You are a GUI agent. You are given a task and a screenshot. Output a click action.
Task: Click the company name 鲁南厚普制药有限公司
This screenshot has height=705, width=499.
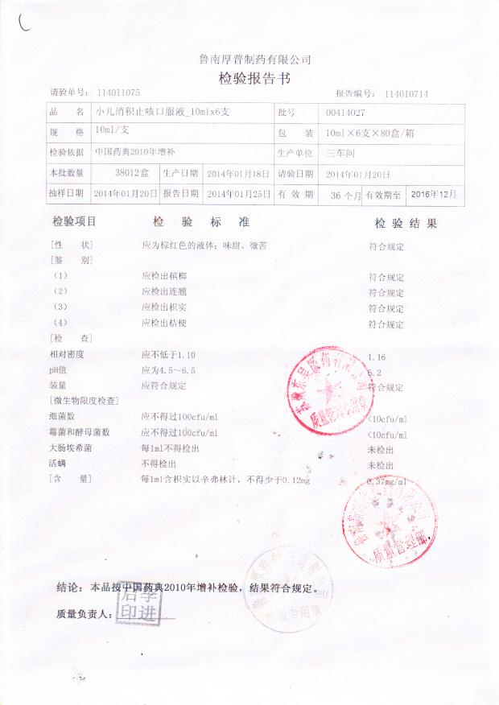254,60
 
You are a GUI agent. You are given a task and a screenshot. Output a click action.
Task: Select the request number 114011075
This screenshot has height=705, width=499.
118,93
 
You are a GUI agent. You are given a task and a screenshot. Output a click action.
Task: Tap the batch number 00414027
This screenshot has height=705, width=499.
346,113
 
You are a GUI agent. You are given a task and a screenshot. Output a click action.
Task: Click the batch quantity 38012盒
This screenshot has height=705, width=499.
132,173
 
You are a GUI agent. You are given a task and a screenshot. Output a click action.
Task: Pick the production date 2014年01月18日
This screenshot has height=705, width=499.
237,173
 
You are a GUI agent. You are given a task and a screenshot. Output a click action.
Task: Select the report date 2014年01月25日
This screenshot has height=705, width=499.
237,194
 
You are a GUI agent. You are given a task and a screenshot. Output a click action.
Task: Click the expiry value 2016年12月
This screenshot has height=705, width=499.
434,194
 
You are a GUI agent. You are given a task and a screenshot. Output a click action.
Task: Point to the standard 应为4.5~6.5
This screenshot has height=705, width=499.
168,370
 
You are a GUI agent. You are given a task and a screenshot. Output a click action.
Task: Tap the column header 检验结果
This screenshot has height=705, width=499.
406,222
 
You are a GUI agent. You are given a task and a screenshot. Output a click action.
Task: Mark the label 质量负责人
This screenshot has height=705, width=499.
84,614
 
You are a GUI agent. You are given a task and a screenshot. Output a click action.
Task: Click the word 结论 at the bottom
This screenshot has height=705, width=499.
69,587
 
